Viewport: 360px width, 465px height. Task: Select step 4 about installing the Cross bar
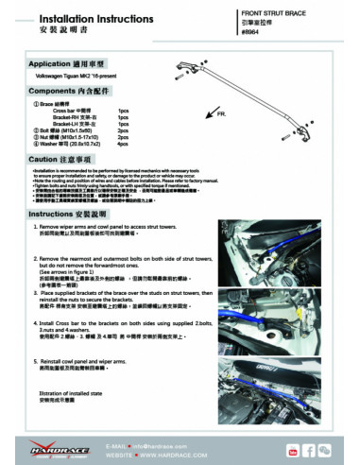(104, 321)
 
